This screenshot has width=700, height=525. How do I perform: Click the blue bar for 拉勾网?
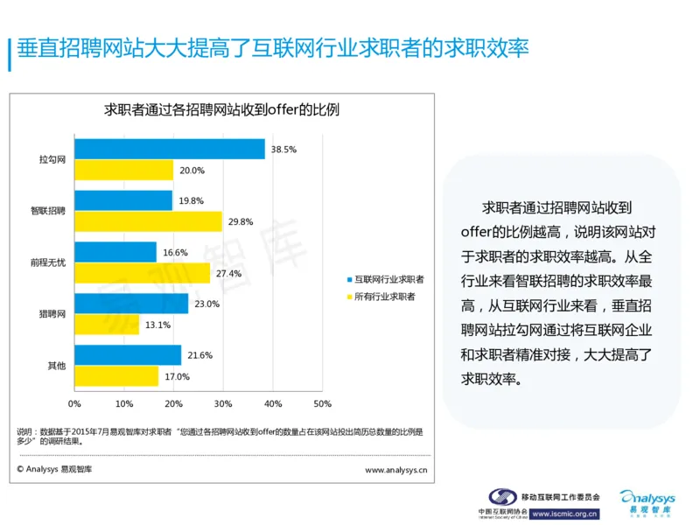169,150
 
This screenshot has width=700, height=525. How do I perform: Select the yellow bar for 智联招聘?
148,221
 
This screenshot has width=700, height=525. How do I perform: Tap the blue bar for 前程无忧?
115,252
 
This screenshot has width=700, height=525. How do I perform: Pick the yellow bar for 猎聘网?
107,325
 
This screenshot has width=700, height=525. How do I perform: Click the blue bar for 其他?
128,355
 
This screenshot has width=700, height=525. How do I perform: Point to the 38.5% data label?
283,150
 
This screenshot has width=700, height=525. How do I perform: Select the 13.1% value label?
157,325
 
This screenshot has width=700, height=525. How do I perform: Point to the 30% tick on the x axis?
223,403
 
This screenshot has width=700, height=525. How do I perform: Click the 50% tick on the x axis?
322,403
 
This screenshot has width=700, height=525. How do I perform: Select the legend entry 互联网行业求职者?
384,279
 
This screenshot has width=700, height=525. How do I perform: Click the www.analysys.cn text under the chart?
395,469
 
